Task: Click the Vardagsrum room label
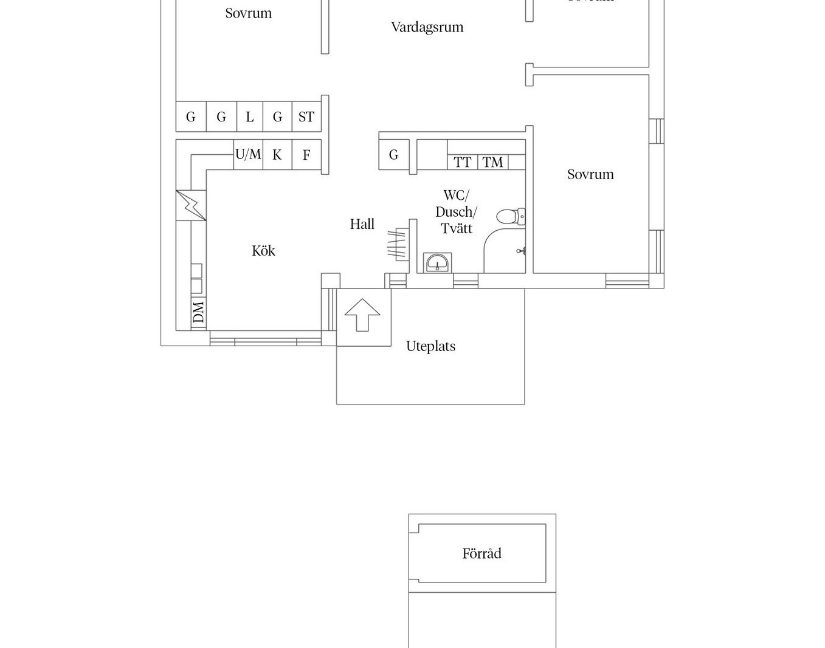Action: click(x=427, y=27)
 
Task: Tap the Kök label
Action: click(x=263, y=251)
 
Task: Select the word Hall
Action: click(x=362, y=224)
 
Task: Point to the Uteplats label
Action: click(x=430, y=346)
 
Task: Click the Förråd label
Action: click(x=482, y=553)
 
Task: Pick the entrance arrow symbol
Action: click(x=362, y=315)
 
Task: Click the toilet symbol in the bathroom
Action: click(x=511, y=216)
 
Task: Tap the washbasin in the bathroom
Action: click(x=437, y=263)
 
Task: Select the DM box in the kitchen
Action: click(x=198, y=312)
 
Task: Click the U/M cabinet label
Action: click(x=248, y=154)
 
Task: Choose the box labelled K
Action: click(x=277, y=155)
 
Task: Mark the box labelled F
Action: click(x=306, y=155)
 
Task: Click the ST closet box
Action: click(x=306, y=117)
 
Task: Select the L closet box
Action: click(x=249, y=117)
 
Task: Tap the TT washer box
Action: click(x=463, y=162)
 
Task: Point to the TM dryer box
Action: click(x=492, y=162)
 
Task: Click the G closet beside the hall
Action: click(x=393, y=155)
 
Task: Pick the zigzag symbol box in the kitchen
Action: click(x=191, y=205)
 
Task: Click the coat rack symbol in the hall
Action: click(x=398, y=244)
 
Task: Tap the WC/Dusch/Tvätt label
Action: click(x=456, y=212)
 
